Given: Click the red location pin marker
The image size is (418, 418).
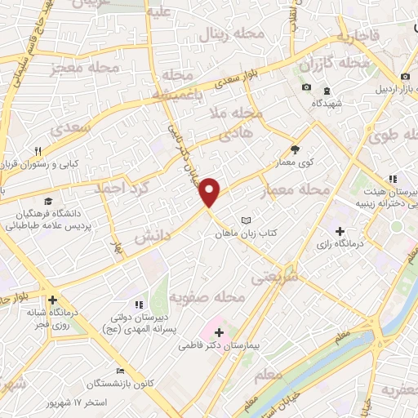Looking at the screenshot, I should [x=210, y=192].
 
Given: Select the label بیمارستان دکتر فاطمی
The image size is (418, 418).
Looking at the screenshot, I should [x=220, y=346].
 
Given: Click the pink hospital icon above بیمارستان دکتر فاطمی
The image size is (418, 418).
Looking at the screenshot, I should [x=219, y=332].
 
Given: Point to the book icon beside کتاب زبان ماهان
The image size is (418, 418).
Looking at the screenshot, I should [x=247, y=220].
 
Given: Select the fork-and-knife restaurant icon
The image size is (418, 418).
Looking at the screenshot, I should [x=38, y=151].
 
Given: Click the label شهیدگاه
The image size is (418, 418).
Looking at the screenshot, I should [x=326, y=103].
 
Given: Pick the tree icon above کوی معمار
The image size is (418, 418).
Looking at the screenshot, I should [x=295, y=149].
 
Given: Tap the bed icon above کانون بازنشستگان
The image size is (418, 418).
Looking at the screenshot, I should [x=122, y=371].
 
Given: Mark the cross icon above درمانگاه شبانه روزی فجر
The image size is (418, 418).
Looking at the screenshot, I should [x=53, y=300].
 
